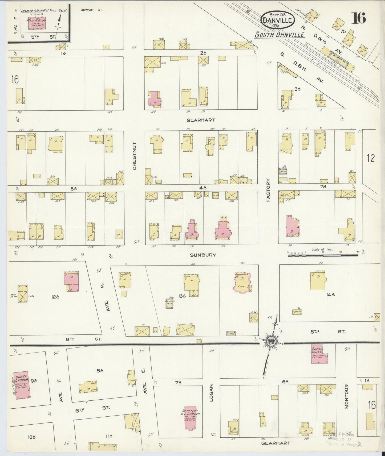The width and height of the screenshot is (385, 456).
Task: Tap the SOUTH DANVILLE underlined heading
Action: tap(279, 35)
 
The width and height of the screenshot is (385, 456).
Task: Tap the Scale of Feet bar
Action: tap(323, 255)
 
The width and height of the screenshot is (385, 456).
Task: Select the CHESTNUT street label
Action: tap(135, 156)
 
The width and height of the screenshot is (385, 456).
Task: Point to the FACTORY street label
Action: tap(268, 190)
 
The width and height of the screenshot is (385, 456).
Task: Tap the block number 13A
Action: tap(182, 296)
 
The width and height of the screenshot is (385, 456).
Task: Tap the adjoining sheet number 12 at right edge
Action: tap(371, 158)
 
